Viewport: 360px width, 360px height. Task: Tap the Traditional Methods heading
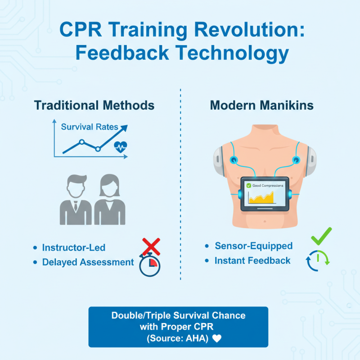pos(94,105)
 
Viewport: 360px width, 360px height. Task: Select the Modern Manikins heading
pos(262,105)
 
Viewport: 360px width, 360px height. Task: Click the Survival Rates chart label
pos(90,126)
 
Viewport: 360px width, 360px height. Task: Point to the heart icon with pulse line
pos(120,146)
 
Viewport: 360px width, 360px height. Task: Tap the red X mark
pos(151,247)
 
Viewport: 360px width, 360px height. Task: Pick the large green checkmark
pos(321,236)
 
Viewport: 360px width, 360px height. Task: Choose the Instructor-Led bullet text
pos(74,247)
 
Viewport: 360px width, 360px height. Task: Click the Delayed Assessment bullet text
pos(88,262)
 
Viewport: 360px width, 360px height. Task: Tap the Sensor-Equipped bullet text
pos(253,246)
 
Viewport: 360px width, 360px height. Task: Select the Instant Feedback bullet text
pos(252,261)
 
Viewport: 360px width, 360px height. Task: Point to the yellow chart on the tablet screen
pos(261,198)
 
